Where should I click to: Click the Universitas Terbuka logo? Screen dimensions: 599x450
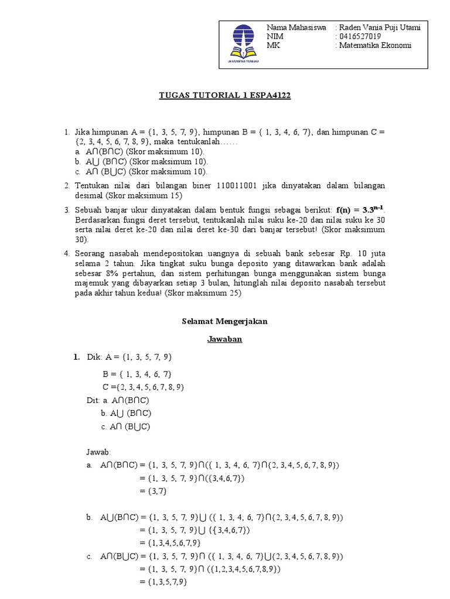(241, 44)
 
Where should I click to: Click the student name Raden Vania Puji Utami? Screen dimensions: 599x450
(379, 27)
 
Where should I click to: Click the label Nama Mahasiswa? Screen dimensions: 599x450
(296, 27)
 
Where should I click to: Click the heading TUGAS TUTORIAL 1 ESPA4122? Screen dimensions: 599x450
(226, 96)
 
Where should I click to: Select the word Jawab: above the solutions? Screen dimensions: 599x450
(98, 452)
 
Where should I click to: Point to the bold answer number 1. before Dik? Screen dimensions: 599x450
(77, 357)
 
